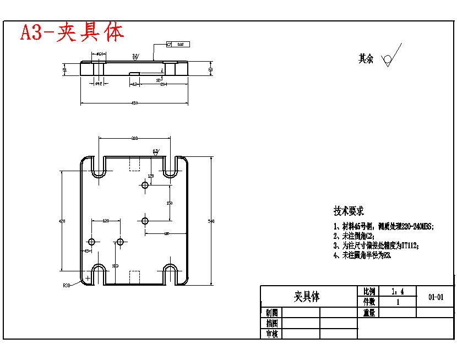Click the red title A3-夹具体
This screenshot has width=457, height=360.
pos(72,33)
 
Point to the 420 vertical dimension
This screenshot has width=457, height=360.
pos(62,221)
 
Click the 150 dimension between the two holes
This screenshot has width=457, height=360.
pos(169,203)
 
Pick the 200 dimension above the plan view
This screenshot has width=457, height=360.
pos(134,138)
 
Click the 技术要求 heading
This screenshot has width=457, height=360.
pos(349,211)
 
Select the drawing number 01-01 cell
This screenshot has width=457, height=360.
pos(436,297)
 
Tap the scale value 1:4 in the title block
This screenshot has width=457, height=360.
pos(397,291)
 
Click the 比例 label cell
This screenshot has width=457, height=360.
pos(369,291)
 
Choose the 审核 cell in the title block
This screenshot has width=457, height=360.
pos(271,334)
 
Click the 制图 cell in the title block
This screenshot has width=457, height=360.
pos(271,312)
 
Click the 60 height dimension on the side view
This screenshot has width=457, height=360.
pos(210,70)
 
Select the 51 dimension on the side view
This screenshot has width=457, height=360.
pos(65,70)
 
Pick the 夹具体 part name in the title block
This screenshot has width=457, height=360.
pos(307,297)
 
